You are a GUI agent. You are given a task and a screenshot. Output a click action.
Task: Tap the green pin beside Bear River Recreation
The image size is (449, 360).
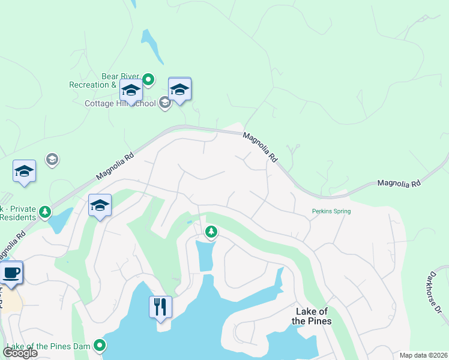tap(149, 79)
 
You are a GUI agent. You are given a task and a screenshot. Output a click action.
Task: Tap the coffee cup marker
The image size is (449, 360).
tap(11, 274)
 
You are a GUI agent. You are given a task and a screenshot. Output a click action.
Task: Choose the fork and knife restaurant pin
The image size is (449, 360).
tap(160, 307)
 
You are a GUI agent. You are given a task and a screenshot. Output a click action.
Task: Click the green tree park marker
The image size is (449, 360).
tap(211, 232)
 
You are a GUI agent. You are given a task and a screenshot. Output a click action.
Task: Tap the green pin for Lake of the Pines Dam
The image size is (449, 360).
tap(100, 345)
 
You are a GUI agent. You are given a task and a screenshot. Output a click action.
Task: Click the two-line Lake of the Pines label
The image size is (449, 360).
tap(312, 316)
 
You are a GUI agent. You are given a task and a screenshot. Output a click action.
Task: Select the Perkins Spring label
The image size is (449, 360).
tap(331, 211)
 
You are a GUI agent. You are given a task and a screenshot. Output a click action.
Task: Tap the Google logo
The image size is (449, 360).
tap(20, 352)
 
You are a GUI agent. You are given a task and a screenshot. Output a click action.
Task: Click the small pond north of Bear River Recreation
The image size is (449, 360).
tap(151, 46)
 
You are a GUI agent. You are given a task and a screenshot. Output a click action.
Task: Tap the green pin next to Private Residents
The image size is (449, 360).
tap(44, 212)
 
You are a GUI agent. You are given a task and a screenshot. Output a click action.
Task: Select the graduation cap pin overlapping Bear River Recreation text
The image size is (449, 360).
tap(131, 91)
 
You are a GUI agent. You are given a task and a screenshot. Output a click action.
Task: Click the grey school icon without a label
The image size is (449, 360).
tap(52, 159)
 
